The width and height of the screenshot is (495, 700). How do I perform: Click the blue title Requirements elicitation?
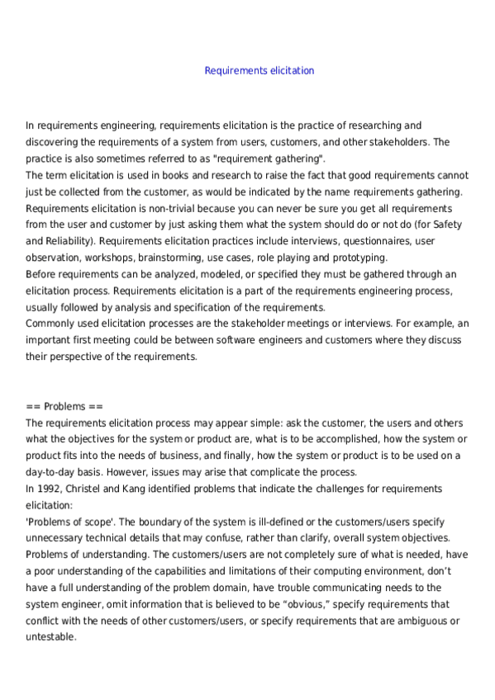tap(259, 71)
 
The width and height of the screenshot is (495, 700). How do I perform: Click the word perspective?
tap(81, 357)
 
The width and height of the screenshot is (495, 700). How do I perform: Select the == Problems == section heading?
tap(64, 406)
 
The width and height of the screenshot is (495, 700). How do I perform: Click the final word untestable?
tap(50, 637)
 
